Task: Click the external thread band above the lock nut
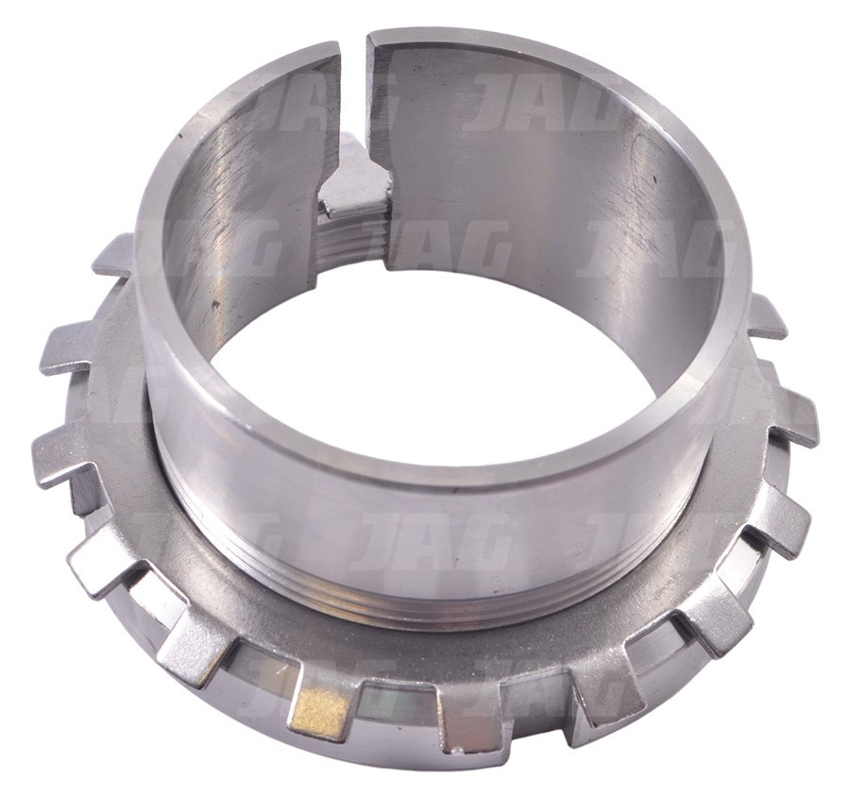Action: (433, 591)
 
